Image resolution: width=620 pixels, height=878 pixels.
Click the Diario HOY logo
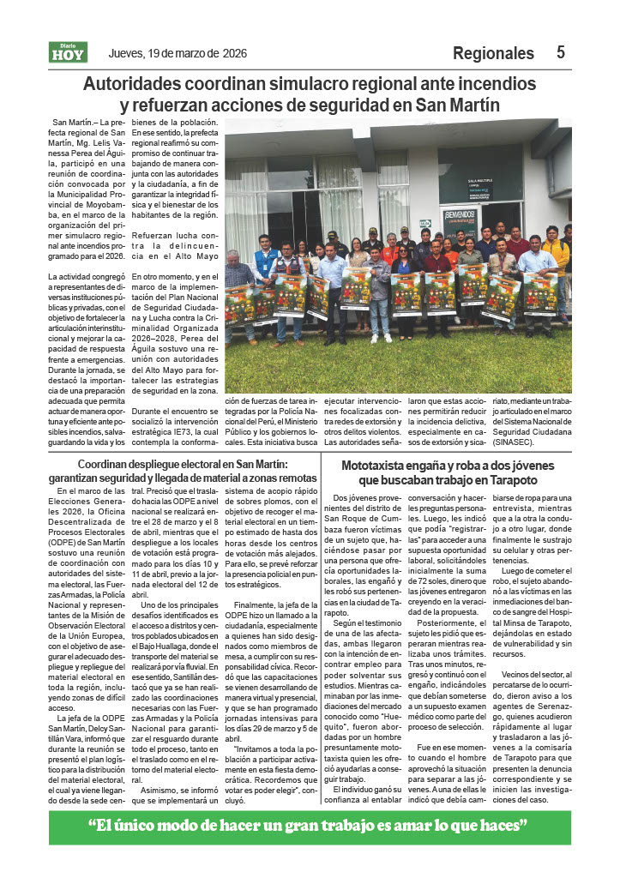click(x=68, y=53)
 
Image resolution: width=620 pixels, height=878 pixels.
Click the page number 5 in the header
click(x=560, y=52)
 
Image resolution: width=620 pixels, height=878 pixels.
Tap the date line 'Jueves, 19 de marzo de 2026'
click(x=178, y=53)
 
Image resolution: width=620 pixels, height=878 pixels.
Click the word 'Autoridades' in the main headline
click(x=138, y=85)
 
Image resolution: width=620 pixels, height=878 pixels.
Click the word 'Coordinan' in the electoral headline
click(x=109, y=464)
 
